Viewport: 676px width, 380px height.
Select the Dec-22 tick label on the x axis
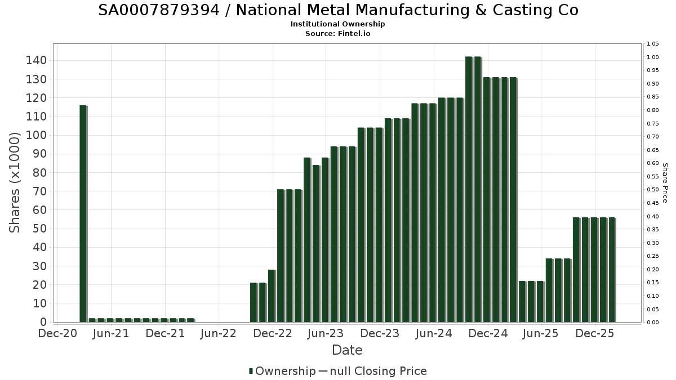(x=273, y=334)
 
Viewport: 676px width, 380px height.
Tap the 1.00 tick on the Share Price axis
(x=653, y=57)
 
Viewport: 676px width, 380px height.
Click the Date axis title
(x=347, y=350)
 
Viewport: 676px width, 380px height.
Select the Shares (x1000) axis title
(x=15, y=182)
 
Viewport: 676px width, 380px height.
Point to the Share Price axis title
(x=665, y=182)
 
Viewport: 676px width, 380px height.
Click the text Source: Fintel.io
(x=337, y=33)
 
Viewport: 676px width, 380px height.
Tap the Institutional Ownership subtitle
(x=337, y=24)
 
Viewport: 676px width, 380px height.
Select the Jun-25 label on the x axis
(x=541, y=334)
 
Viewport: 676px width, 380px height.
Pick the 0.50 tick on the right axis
(x=653, y=190)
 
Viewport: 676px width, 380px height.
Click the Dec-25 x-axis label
(x=595, y=334)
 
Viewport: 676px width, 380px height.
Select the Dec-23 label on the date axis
(x=380, y=334)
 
